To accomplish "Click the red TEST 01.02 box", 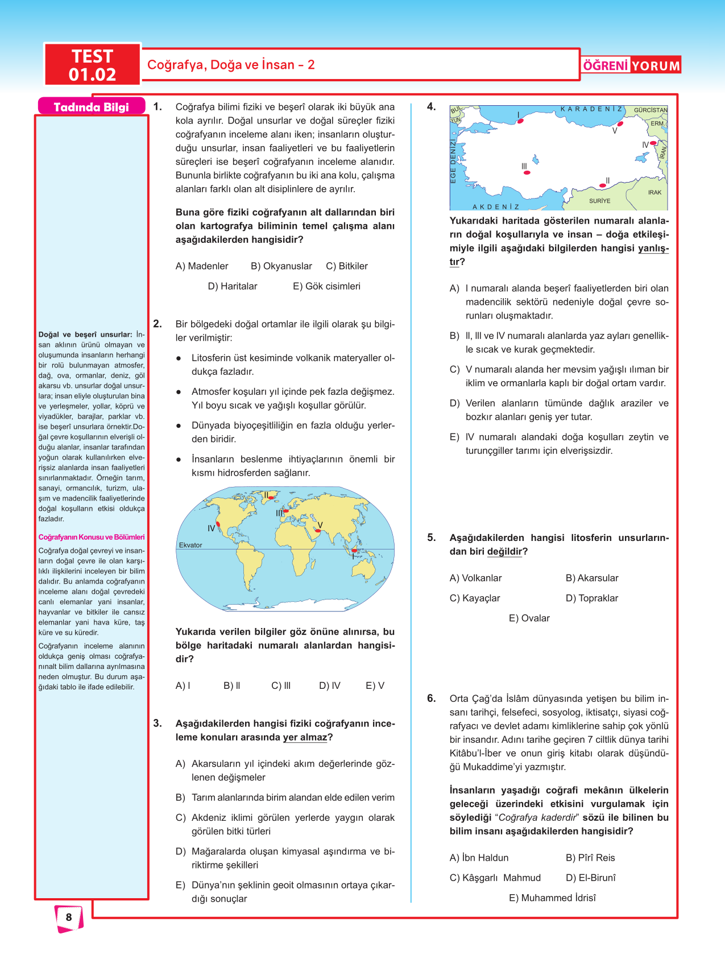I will (x=92, y=65).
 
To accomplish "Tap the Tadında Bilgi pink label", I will (x=91, y=107).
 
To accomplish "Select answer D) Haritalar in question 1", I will (x=233, y=286).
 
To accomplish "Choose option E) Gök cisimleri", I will (x=326, y=286).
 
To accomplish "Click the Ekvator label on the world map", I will (x=190, y=545).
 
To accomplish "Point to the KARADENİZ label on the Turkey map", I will (x=591, y=109).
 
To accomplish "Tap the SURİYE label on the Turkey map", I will (x=599, y=201).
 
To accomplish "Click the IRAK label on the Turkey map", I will (x=654, y=192).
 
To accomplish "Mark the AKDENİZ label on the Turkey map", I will (x=495, y=207).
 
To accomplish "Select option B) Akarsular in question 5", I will (x=592, y=578).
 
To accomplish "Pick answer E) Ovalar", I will (x=529, y=618).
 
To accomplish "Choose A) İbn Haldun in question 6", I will (x=479, y=858).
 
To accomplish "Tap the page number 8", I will (x=69, y=917).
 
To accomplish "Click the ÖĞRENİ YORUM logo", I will (x=631, y=65).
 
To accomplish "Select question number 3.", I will (x=158, y=724).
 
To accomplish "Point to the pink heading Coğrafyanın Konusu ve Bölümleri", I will (x=91, y=537).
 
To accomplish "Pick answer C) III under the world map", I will (x=281, y=685).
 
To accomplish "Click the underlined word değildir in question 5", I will (x=504, y=552).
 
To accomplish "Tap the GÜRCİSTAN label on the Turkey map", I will (x=651, y=110).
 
